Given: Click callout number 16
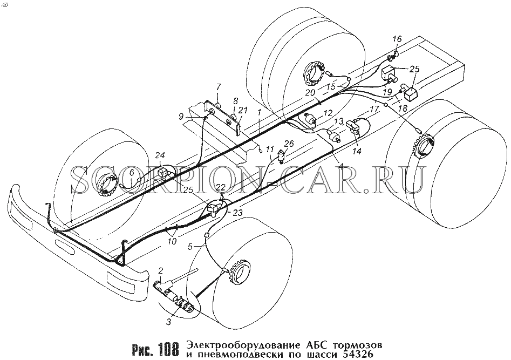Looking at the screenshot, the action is [397, 39].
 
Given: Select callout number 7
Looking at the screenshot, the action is [219, 87].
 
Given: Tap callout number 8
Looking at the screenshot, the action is [236, 100].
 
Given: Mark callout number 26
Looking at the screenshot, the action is [289, 144].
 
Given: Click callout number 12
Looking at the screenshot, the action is [328, 113].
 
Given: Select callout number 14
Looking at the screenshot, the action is [357, 151].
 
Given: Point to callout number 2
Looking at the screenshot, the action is [160, 270].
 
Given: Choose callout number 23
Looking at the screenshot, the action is [238, 212].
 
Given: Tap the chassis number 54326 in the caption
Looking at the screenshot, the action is [358, 353].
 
